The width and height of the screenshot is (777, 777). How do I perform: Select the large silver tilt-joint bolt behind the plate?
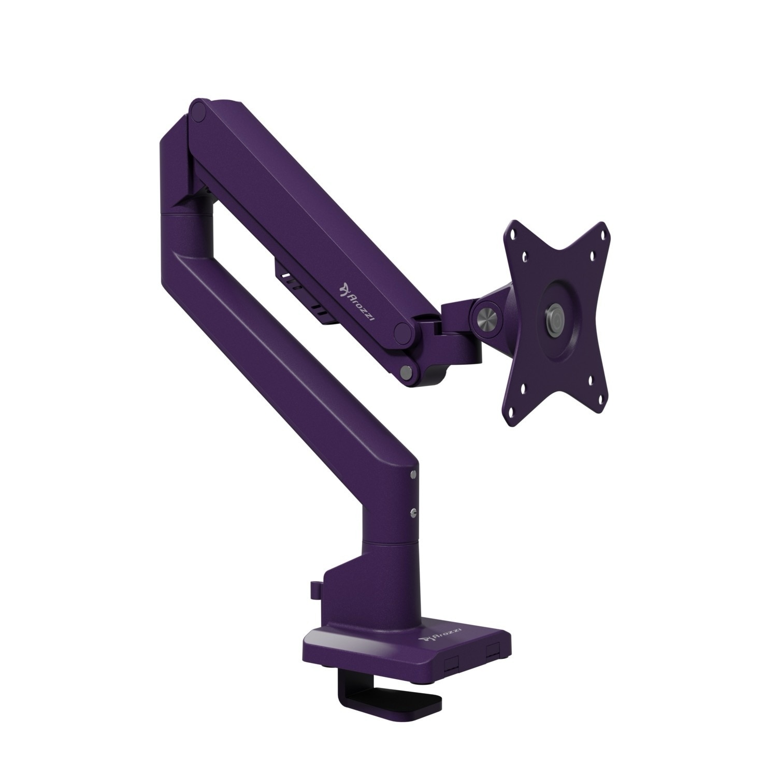click(x=488, y=317)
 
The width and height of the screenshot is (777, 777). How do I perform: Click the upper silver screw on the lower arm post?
click(x=412, y=474)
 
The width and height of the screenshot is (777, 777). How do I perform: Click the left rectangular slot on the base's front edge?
click(x=452, y=664)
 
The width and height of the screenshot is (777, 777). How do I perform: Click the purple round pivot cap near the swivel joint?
click(x=404, y=334)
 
